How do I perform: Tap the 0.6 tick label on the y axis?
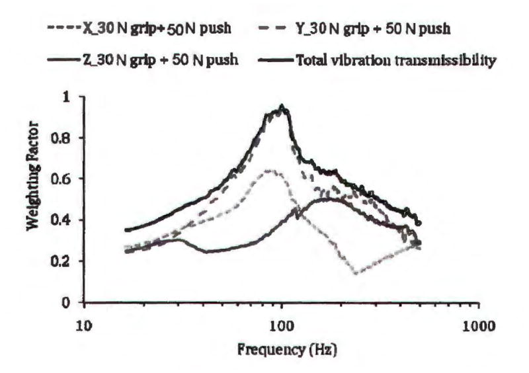[61, 179]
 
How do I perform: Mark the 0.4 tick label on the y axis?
[61, 220]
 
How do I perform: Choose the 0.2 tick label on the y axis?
[61, 261]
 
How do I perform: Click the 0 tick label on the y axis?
[67, 302]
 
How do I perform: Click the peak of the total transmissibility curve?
[282, 106]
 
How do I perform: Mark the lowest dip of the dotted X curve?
[356, 272]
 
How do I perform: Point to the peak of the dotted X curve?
[268, 171]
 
